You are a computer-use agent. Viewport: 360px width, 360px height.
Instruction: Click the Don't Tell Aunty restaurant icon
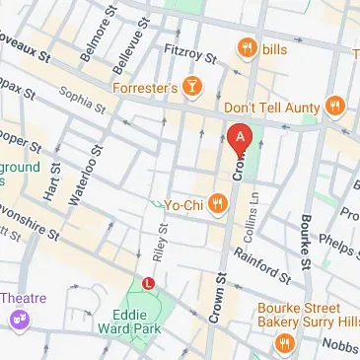coord(335,105)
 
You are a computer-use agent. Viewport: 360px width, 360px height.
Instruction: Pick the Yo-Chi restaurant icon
coord(218,204)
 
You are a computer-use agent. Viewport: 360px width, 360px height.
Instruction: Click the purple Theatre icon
coord(18,319)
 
